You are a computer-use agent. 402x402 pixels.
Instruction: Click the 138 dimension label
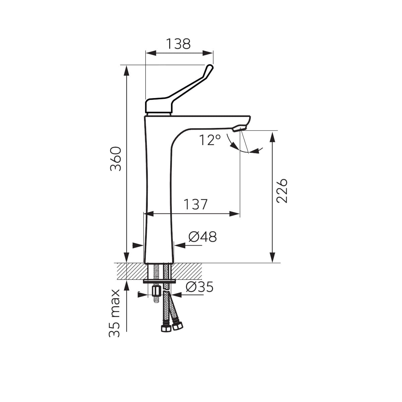point(178,44)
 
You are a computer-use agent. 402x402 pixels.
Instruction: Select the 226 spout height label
point(282,191)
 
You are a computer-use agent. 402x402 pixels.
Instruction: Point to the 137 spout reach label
point(196,204)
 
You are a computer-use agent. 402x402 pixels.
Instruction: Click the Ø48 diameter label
point(203,237)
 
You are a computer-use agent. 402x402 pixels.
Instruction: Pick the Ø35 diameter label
point(199,287)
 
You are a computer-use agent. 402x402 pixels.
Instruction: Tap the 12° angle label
point(210,140)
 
